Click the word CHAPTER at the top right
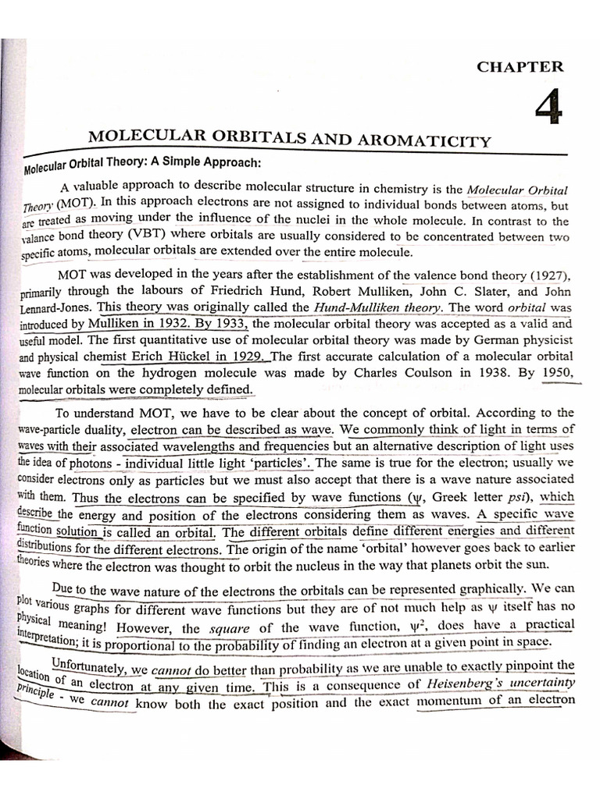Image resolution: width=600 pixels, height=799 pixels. point(520,67)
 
